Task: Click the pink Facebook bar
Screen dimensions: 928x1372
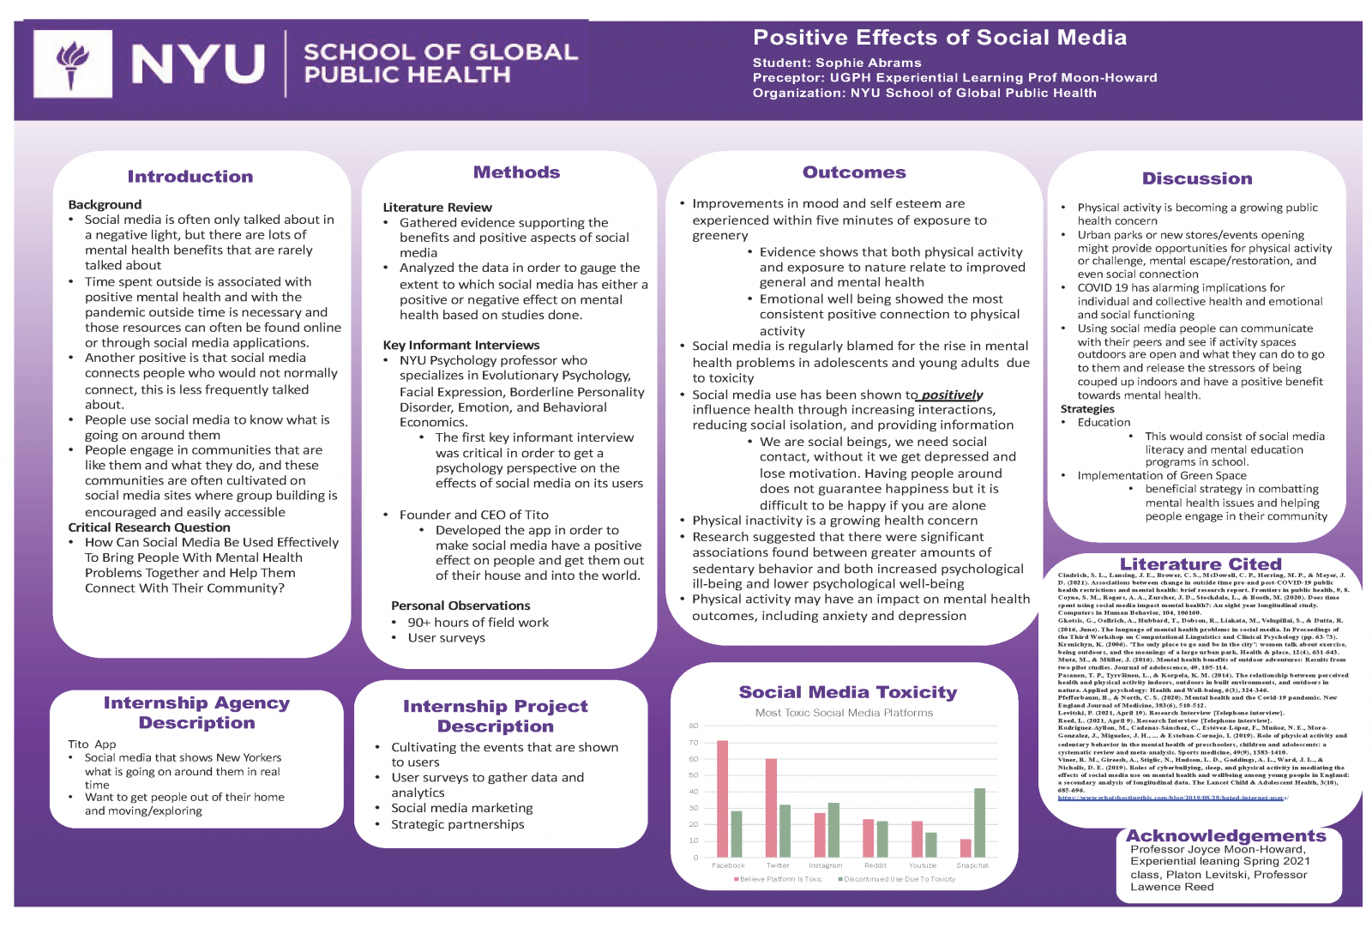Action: (722, 798)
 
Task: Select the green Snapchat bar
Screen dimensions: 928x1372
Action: (979, 823)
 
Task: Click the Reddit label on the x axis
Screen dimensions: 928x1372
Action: (875, 865)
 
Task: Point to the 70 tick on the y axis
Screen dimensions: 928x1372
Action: (694, 743)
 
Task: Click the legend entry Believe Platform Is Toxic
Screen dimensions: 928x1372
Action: (779, 879)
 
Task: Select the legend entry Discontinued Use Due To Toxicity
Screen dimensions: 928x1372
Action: (897, 879)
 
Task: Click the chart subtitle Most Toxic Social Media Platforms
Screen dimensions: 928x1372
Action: (844, 713)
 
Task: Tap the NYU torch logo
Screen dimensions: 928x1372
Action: (72, 64)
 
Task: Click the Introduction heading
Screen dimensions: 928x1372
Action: (190, 177)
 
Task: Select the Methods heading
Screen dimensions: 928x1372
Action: (516, 172)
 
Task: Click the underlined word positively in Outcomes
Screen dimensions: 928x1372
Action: (952, 395)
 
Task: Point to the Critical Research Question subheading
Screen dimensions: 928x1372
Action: (149, 527)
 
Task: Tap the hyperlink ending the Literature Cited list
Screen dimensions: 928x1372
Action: (1171, 798)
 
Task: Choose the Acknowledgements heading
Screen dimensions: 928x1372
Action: (1225, 835)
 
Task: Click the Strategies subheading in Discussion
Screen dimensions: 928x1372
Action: (1087, 409)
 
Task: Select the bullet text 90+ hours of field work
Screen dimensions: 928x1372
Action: (478, 623)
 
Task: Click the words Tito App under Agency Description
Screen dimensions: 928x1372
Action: (92, 744)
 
